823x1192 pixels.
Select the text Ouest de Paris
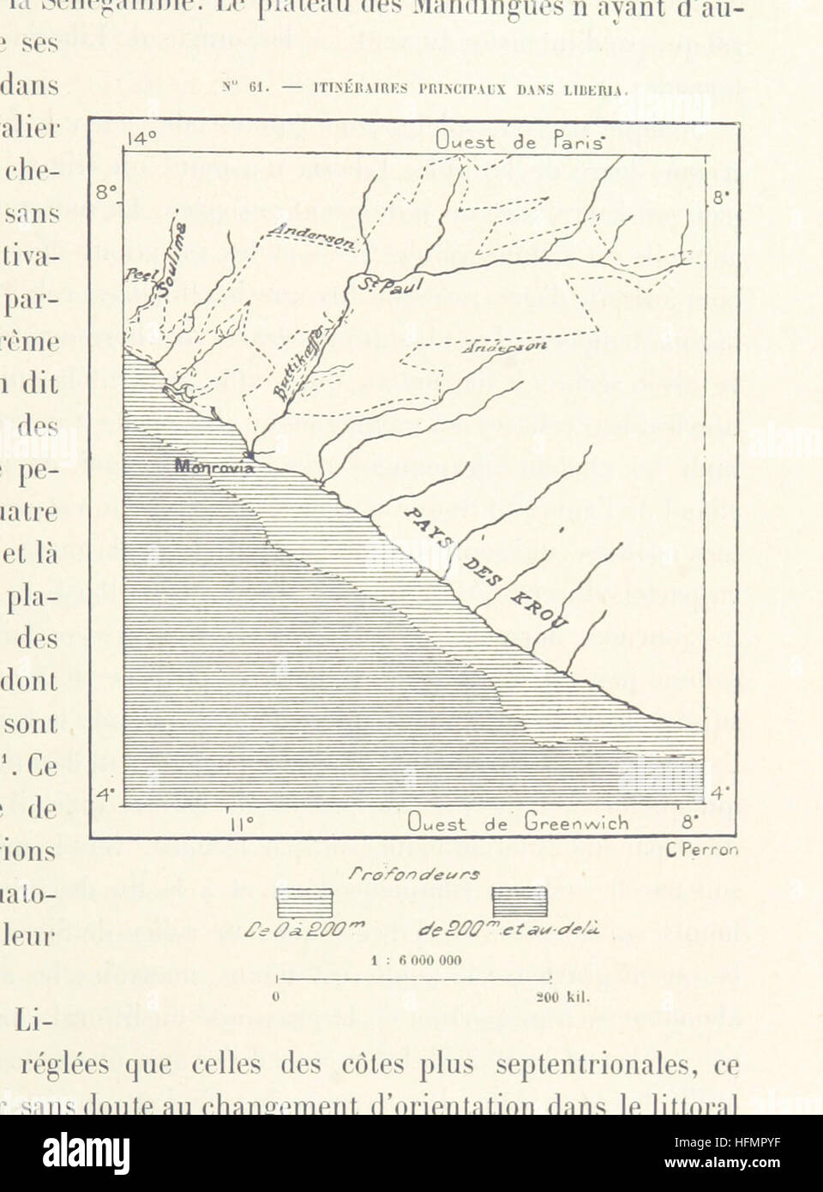[520, 141]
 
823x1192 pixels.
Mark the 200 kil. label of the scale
[560, 996]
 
